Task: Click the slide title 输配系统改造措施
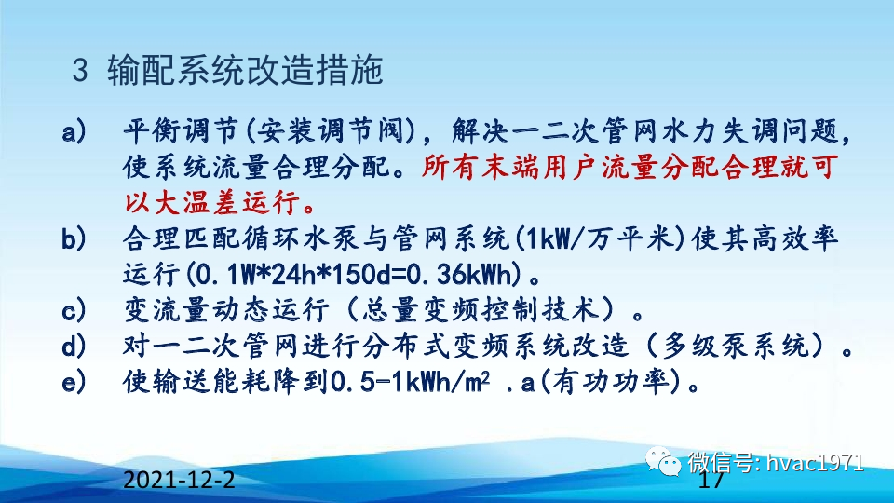pyautogui.click(x=245, y=70)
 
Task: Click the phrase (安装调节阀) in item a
pyautogui.click(x=304, y=132)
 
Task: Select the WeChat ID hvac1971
pyautogui.click(x=815, y=462)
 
